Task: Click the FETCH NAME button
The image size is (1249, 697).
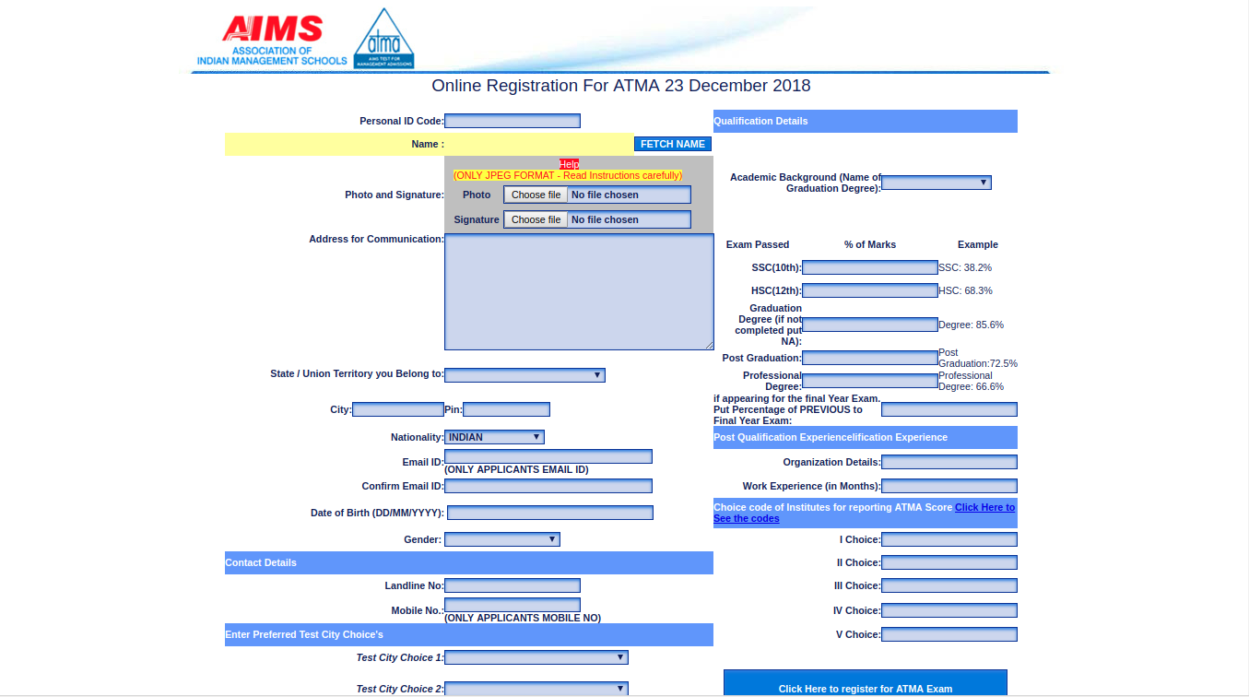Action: point(673,144)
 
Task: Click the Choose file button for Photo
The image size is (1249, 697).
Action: point(536,195)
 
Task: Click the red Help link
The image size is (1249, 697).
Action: point(569,164)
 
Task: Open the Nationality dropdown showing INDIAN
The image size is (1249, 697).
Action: point(494,437)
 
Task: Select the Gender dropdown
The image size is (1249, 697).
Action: point(501,539)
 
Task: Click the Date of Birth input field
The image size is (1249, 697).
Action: point(549,513)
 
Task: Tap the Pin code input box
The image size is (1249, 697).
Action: point(506,409)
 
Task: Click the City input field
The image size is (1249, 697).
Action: point(398,409)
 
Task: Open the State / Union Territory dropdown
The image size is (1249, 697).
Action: point(524,374)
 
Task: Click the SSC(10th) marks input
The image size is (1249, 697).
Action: point(870,267)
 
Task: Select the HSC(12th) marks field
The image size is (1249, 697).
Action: point(870,290)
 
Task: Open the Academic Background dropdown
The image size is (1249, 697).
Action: point(937,183)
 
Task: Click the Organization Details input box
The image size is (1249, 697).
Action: point(949,462)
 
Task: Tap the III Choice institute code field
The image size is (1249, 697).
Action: point(949,585)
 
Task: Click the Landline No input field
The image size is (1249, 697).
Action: point(513,585)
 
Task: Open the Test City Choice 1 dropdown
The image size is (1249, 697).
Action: point(536,657)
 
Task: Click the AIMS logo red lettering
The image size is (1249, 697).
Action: point(272,29)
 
